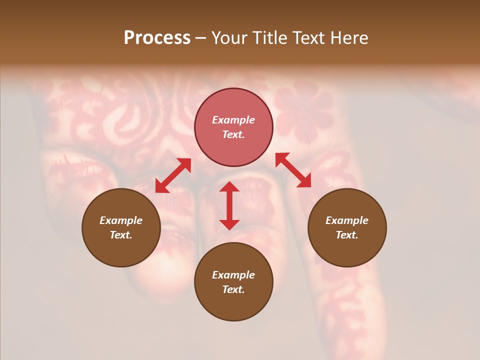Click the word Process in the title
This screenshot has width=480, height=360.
point(157,38)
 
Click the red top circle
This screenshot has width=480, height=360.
point(233,127)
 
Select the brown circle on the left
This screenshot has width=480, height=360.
point(121,227)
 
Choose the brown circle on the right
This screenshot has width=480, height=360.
point(347,227)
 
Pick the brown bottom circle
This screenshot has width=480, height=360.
point(233,282)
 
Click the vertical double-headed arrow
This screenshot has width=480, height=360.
point(229,205)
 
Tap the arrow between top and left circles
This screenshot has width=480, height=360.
point(173,175)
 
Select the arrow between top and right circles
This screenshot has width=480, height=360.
point(293,170)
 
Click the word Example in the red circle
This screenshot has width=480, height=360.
point(233,120)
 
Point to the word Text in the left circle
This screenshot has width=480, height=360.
point(121,235)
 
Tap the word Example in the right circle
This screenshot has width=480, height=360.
point(347,220)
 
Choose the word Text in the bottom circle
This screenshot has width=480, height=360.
point(233,289)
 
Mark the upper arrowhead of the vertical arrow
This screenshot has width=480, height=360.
point(229,187)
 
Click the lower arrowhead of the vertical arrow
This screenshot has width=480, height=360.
point(229,224)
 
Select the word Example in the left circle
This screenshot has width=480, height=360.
point(121,220)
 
